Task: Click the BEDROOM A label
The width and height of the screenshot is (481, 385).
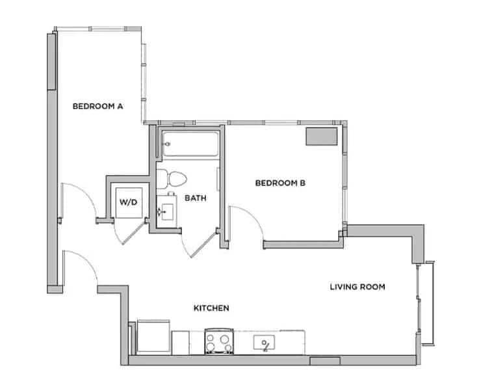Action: click(x=97, y=106)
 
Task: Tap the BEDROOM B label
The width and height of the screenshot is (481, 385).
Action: click(x=280, y=183)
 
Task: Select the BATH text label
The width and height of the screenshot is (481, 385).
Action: click(x=196, y=198)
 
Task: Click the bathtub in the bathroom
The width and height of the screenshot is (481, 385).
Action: click(x=189, y=144)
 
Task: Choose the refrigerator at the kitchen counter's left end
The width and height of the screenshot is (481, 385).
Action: click(x=151, y=338)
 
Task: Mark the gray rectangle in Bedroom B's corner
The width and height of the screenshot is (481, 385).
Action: click(x=322, y=137)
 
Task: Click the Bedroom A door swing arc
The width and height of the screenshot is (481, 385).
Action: click(x=73, y=196)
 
